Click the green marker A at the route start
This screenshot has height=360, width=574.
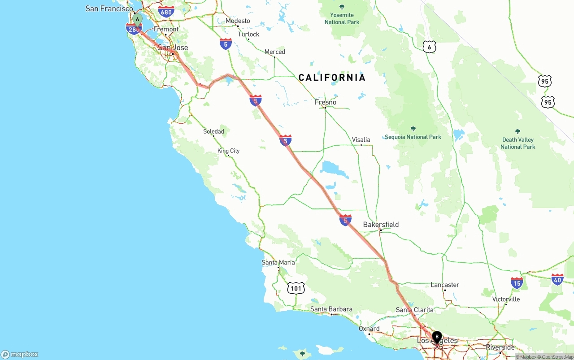pos(137,19)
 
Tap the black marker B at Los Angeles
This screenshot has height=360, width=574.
pos(437,337)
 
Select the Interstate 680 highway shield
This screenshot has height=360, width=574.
pos(166,12)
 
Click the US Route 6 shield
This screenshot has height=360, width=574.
pos(429,47)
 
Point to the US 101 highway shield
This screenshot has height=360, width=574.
pos(296,288)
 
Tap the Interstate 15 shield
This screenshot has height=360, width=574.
pos(517,282)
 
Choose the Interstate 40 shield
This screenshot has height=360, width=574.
pos(557,279)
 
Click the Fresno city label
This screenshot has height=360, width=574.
pos(326,102)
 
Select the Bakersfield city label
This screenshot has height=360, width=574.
pos(381,224)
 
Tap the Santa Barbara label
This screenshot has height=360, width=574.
pos(331,309)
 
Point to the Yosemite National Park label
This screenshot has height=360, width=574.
pos(342,18)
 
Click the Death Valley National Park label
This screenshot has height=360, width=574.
pos(517,143)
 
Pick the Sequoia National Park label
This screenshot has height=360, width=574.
pos(413,137)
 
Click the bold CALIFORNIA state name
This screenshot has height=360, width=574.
pos(332,78)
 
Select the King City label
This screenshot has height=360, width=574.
pos(228,151)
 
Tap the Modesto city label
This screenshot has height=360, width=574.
pos(238,21)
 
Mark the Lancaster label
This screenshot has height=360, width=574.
pos(445,285)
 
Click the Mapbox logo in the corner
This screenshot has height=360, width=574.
pos(20,354)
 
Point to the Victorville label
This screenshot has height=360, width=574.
pos(506,299)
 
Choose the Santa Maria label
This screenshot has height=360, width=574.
pos(278,262)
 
